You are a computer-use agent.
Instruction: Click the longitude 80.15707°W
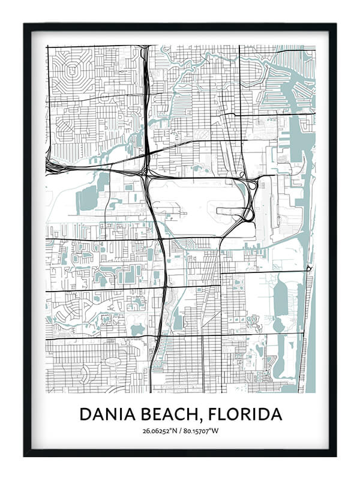pos(202,430)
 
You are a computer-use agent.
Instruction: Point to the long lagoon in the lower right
pos(280,306)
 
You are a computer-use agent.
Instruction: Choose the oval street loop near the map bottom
pos(113,362)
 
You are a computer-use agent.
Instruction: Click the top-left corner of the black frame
pos(25,25)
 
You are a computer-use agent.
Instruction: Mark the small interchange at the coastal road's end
pos(309,268)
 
